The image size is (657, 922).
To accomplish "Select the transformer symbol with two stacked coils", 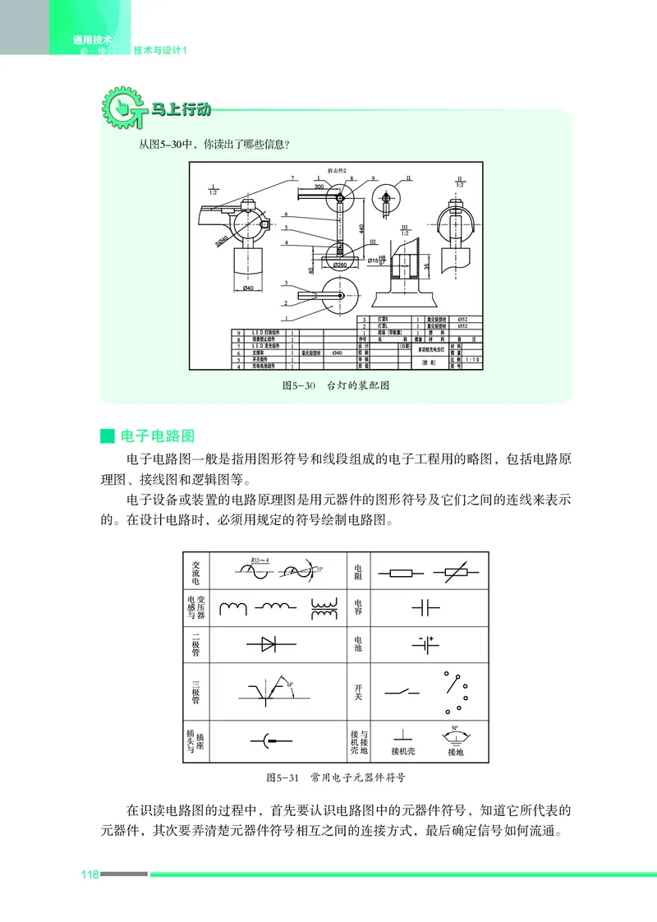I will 324,607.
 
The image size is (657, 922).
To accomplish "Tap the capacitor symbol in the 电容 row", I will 425,607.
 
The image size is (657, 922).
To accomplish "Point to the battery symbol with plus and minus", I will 425,645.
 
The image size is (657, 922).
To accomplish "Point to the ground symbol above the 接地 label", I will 454,735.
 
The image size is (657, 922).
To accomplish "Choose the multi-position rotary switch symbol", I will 454,692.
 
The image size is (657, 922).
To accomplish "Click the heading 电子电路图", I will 157,436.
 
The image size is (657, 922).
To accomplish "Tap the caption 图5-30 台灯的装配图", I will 334,385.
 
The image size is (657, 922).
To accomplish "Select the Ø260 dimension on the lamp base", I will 339,265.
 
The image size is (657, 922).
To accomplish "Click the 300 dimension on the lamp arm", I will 319,187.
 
